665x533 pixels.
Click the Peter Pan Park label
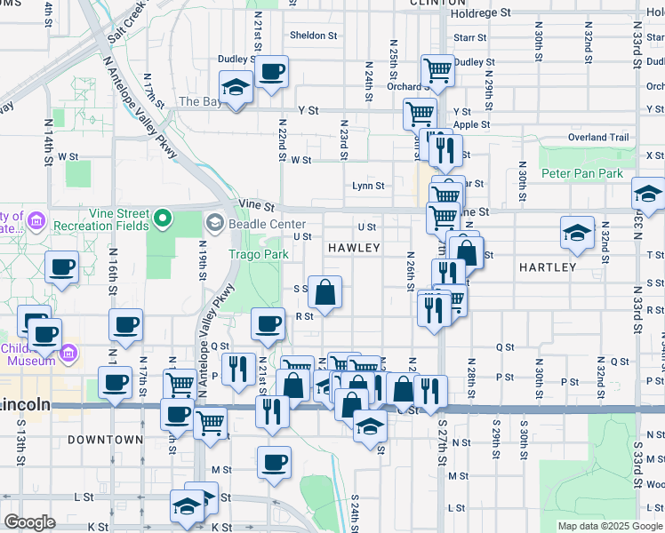[582, 173]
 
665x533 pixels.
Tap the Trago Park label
[259, 254]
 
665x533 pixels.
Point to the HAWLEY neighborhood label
[354, 248]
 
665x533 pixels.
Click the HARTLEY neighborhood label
[548, 266]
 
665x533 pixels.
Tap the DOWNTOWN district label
[105, 440]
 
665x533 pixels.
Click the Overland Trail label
[598, 138]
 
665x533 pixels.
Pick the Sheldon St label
[314, 36]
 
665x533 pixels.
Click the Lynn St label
[368, 187]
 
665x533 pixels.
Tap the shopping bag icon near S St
[325, 291]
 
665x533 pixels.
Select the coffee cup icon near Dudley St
[271, 71]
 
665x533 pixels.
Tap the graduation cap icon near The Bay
[236, 87]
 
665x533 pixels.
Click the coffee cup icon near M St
[274, 461]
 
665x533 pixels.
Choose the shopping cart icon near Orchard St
[437, 69]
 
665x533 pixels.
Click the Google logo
[30, 522]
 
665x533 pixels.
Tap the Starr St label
[470, 38]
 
